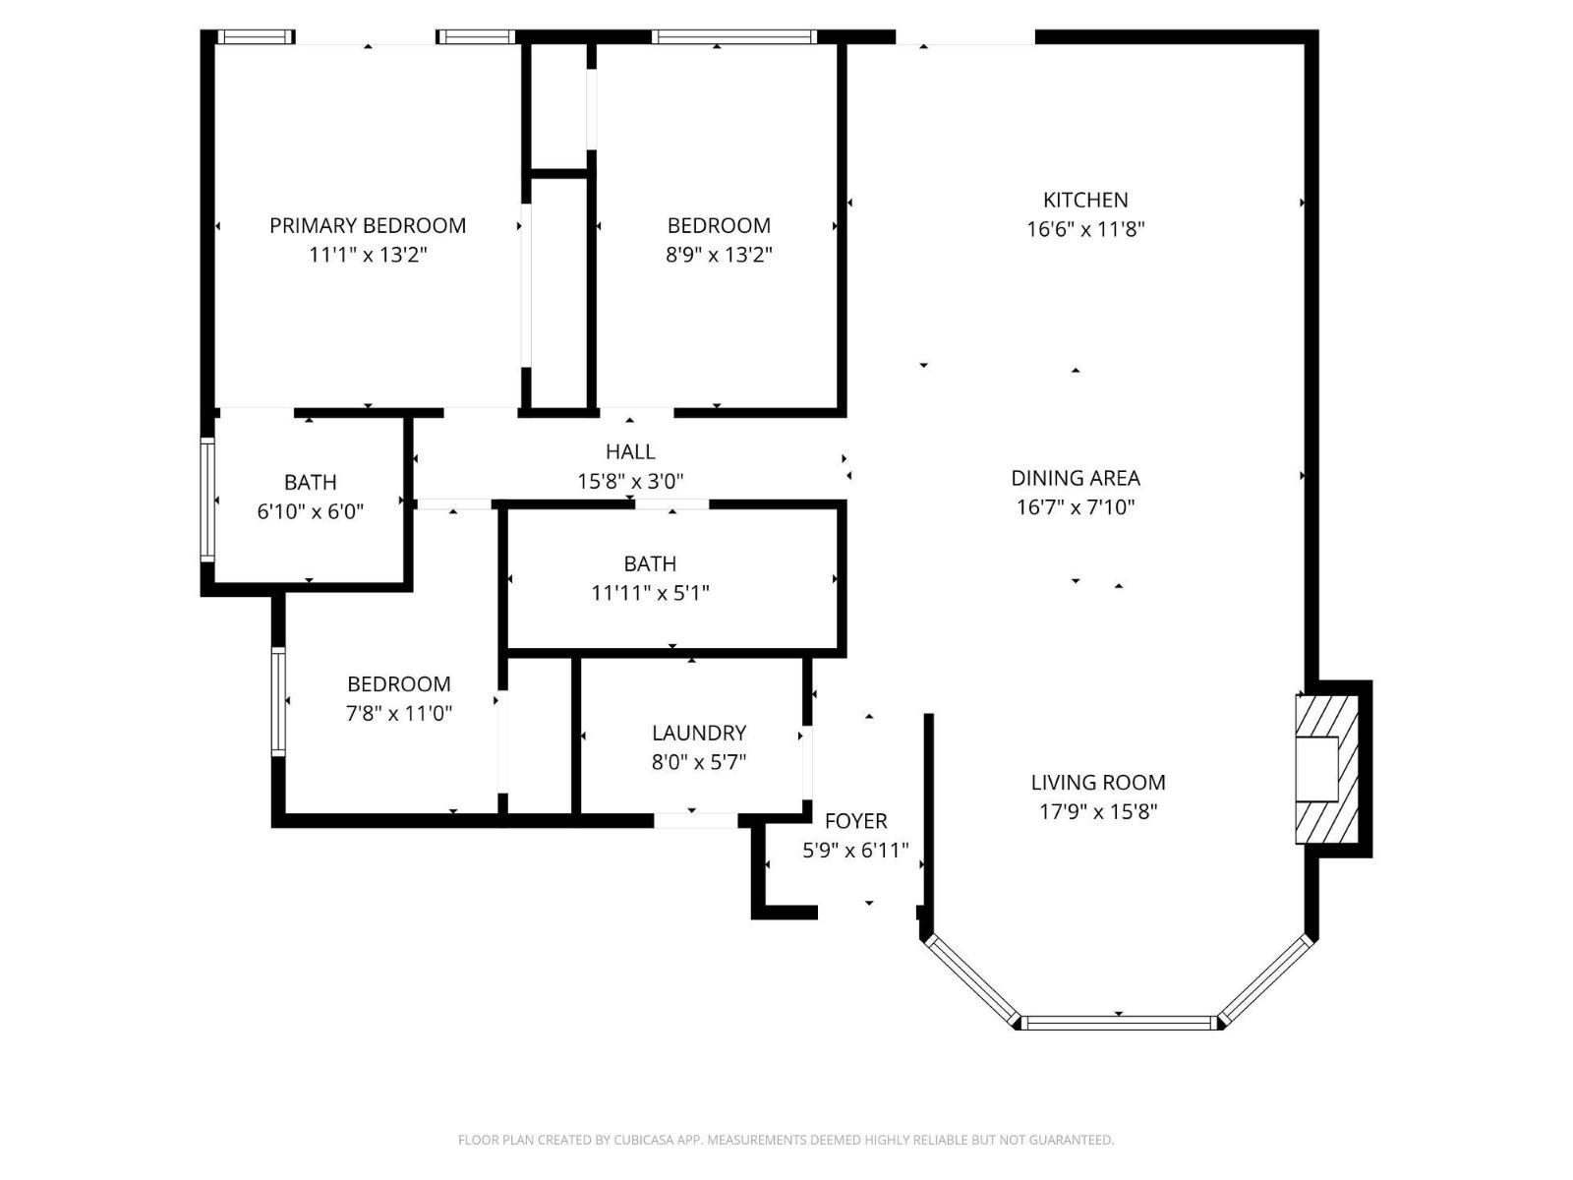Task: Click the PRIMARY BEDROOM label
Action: tap(368, 225)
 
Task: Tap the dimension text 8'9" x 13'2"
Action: tap(719, 255)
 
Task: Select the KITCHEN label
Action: tap(1085, 200)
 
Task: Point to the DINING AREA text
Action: tap(1076, 478)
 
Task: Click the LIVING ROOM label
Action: tap(1098, 783)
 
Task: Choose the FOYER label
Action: tap(855, 821)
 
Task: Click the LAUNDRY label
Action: tap(699, 733)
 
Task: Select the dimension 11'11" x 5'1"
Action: tap(650, 593)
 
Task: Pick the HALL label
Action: tap(630, 451)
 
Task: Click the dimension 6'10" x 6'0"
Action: tap(311, 511)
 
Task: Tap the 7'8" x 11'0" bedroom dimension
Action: tap(398, 713)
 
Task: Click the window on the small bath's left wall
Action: tap(207, 500)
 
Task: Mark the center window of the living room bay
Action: tap(1118, 1023)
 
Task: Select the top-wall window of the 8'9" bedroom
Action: tap(733, 37)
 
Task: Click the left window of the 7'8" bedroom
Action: tap(278, 701)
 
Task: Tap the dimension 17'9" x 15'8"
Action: tap(1098, 812)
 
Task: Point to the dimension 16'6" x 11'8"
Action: tap(1085, 229)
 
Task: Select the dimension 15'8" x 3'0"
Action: tap(630, 482)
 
